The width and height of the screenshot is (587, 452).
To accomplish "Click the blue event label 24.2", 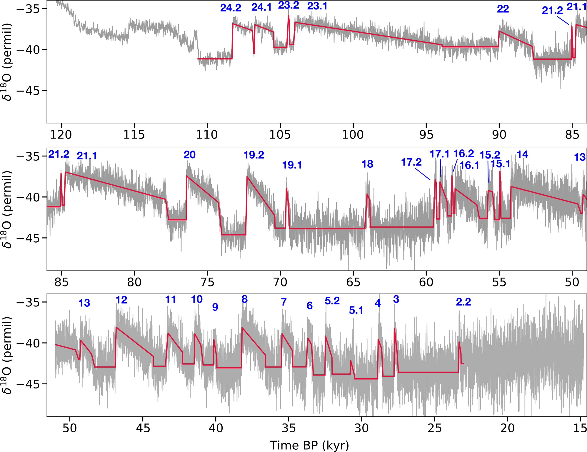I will [x=231, y=8].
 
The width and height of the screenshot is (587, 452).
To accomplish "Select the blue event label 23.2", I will [x=288, y=5].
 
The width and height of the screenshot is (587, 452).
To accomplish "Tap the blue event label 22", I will [x=503, y=9].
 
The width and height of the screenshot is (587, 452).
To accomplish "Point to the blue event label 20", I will [x=189, y=155].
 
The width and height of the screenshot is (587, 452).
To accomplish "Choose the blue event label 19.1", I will [x=292, y=165].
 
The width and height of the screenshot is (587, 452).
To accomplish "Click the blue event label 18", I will [x=367, y=164].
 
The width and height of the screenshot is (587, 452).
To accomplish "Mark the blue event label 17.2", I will [x=411, y=162].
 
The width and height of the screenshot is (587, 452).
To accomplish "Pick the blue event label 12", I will [x=121, y=300].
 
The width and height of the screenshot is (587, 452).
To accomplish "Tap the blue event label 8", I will [x=244, y=299].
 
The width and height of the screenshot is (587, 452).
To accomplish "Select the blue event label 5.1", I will [x=356, y=310].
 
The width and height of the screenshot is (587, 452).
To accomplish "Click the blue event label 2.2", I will [x=463, y=302].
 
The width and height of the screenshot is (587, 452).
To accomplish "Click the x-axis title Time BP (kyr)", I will [x=309, y=445].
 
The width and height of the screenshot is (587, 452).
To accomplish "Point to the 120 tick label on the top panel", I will [x=61, y=135].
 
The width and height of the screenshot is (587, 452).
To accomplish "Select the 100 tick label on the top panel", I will [x=353, y=135].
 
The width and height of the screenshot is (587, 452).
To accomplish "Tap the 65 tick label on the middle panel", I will [x=353, y=282].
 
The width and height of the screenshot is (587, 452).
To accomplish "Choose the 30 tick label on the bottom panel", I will [x=361, y=428].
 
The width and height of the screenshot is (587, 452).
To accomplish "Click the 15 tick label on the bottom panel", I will [x=580, y=428].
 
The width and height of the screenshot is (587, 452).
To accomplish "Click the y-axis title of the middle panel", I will [x=7, y=209].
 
